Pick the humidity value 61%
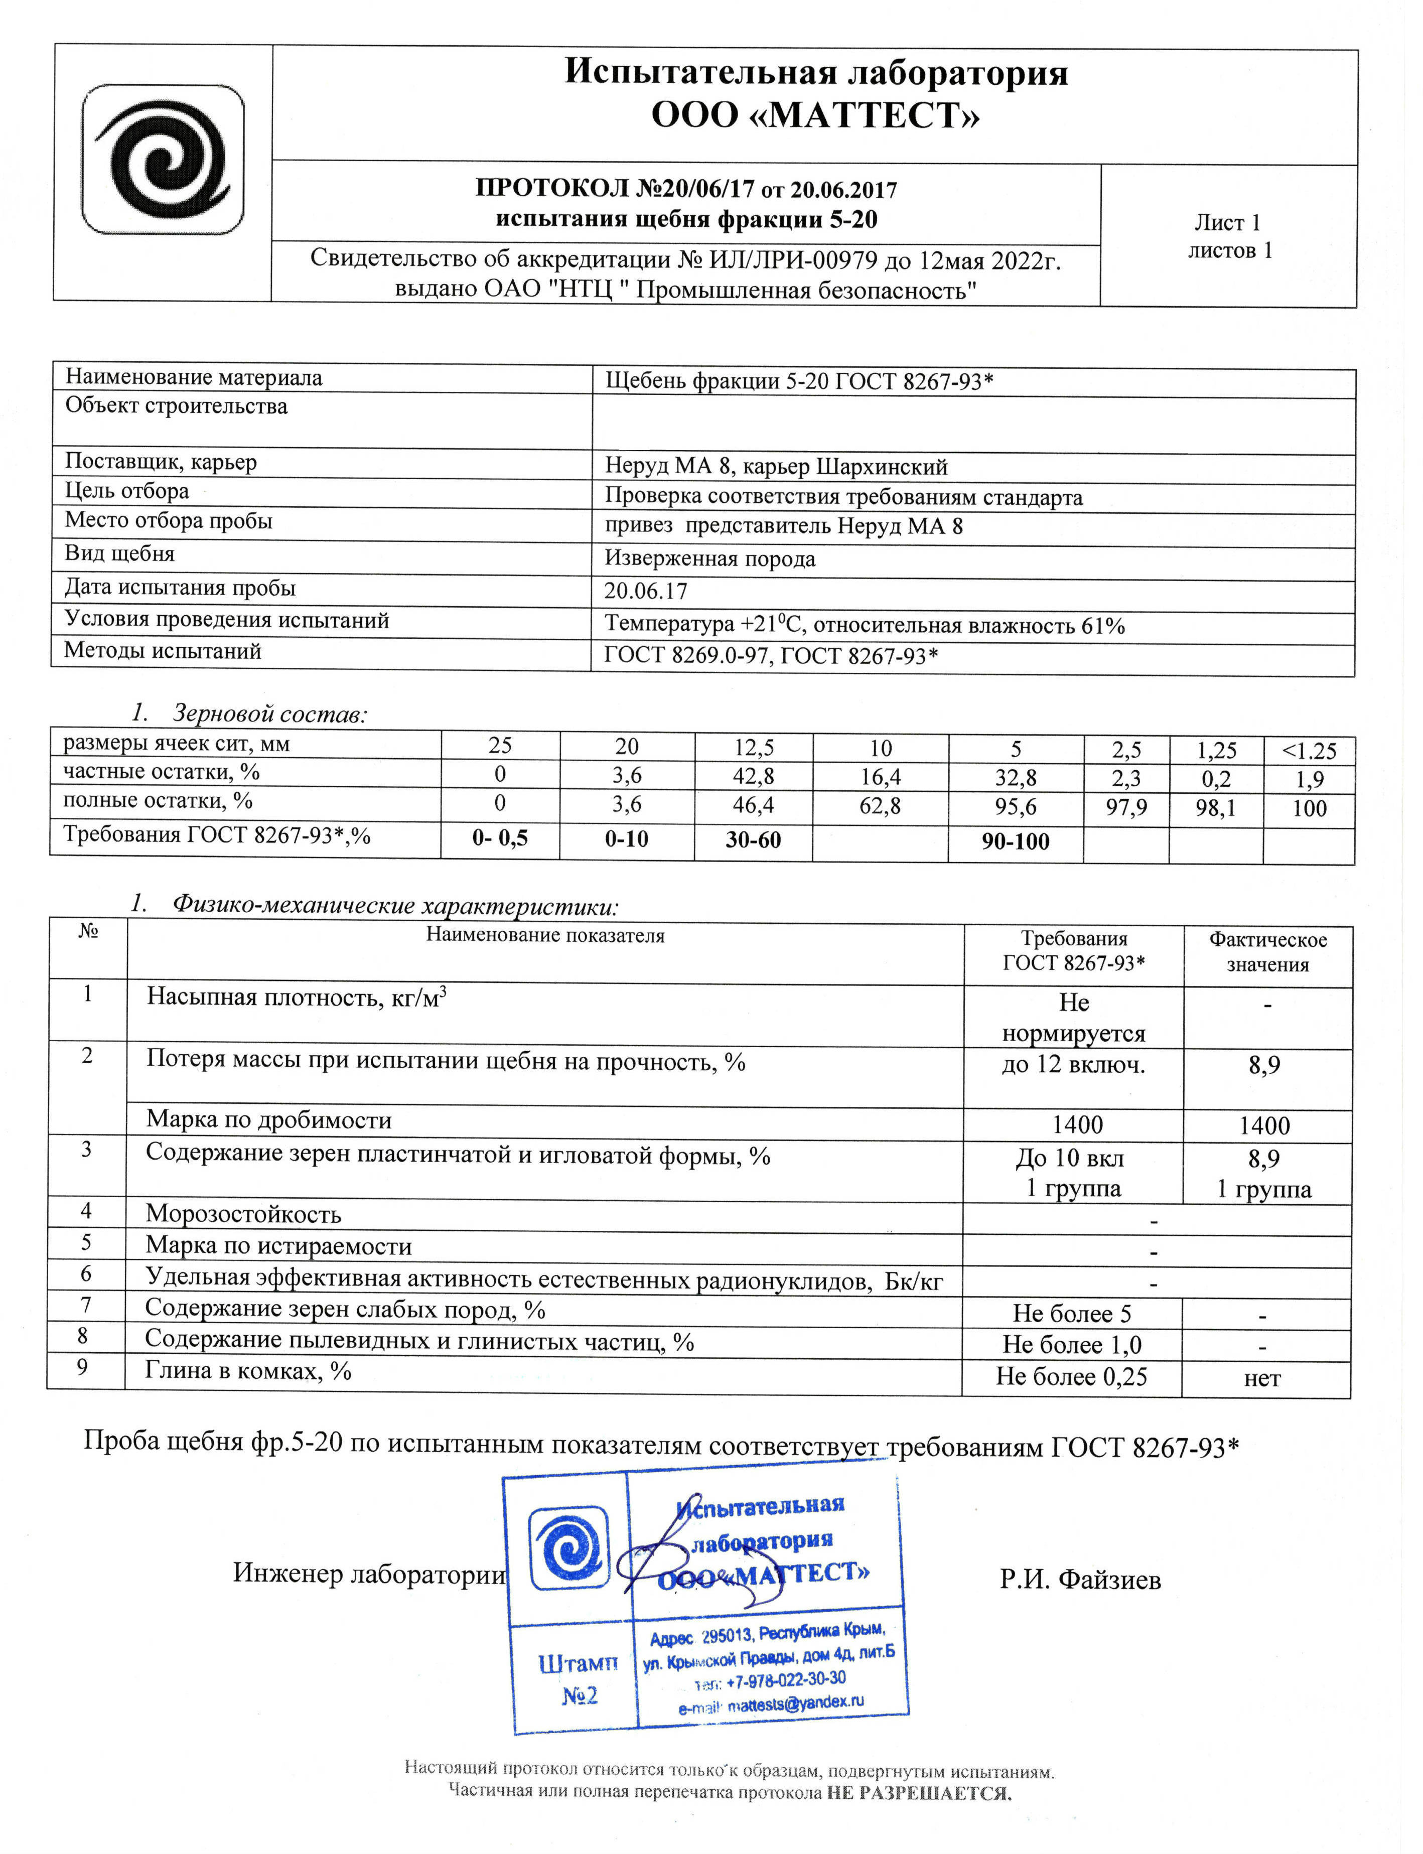coord(1103,626)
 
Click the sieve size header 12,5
coord(753,747)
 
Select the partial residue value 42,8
coord(753,776)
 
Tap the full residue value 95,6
coord(1016,806)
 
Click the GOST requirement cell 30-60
coord(753,839)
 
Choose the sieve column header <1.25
coord(1309,751)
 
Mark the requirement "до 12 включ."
coord(1073,1065)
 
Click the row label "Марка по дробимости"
coord(268,1120)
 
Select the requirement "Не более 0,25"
coord(1071,1376)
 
